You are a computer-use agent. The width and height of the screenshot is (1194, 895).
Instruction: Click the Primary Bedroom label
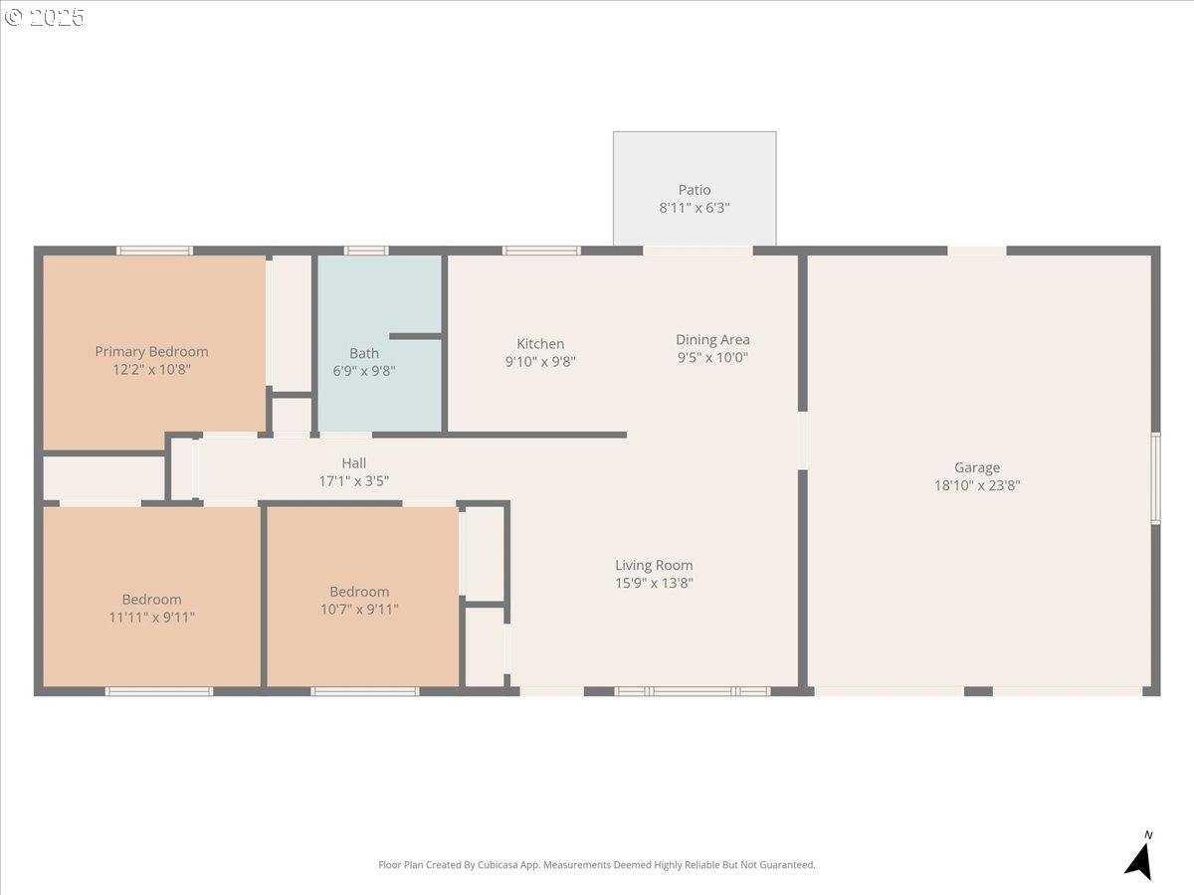pos(151,351)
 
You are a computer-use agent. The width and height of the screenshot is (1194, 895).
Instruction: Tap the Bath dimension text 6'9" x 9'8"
pos(364,371)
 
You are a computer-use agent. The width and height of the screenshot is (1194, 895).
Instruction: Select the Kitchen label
pos(540,344)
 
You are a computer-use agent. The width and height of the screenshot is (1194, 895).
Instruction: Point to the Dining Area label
pos(712,339)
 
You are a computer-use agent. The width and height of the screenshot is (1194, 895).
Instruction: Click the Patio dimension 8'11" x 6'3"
pos(695,208)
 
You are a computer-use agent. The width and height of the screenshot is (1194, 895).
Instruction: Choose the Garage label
pos(977,467)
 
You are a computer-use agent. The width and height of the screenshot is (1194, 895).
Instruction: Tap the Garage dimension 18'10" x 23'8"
pos(977,485)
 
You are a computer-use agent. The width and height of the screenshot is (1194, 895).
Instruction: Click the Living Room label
pos(654,565)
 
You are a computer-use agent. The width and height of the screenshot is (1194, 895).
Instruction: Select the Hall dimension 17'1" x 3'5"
pos(353,481)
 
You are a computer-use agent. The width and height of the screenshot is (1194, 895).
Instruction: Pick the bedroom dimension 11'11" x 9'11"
pos(151,617)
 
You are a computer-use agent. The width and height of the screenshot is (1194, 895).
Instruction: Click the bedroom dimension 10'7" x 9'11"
pos(359,609)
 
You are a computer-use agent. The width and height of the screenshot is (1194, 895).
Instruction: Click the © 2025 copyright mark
pos(45,17)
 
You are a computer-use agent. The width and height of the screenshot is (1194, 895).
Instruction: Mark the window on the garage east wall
pos(1155,477)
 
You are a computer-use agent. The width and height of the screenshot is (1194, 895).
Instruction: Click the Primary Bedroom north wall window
pos(154,251)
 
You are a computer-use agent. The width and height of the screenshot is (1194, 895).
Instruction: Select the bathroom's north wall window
pos(365,251)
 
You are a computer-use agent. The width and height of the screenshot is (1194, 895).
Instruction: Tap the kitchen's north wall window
pos(541,251)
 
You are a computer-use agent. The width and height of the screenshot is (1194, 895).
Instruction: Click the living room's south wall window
pos(692,691)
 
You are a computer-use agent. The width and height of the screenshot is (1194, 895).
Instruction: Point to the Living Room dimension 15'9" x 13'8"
pos(654,583)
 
